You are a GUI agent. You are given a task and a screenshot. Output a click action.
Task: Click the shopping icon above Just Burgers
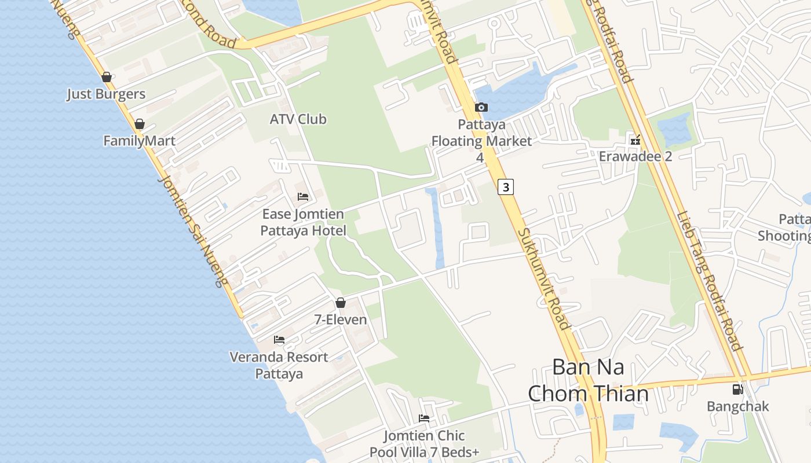click(x=106, y=77)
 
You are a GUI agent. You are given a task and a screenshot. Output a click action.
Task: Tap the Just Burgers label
click(x=106, y=94)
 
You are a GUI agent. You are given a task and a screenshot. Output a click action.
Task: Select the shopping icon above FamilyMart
click(x=139, y=124)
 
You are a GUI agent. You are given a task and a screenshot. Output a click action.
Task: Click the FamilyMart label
click(x=139, y=141)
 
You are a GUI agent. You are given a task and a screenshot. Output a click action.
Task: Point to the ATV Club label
click(x=298, y=119)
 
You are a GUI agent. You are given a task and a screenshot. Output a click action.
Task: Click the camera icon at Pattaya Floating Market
click(x=481, y=107)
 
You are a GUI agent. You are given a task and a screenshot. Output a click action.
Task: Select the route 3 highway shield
click(x=506, y=187)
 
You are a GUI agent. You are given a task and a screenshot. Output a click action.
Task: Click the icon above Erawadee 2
click(x=635, y=139)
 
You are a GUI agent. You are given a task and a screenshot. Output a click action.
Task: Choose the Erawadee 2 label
click(x=635, y=156)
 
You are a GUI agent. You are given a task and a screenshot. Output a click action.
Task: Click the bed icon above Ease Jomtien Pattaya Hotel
click(x=303, y=197)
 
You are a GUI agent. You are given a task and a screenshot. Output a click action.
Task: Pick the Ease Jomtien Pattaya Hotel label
click(x=303, y=222)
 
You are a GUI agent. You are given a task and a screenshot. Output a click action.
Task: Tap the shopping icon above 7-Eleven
click(x=341, y=303)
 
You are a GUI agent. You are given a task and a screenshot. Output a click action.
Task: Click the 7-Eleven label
click(x=341, y=319)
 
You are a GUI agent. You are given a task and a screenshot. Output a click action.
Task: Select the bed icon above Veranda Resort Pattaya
click(x=279, y=340)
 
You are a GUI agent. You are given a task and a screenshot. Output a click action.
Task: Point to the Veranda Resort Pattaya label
click(x=279, y=365)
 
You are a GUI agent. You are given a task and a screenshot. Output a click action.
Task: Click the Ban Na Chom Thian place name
click(x=588, y=380)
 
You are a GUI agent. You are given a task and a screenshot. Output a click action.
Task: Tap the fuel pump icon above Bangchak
click(x=737, y=389)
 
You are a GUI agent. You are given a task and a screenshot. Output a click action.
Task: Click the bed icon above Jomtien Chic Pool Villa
click(x=424, y=418)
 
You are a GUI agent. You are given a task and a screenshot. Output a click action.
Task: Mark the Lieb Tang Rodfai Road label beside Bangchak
click(x=710, y=282)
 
